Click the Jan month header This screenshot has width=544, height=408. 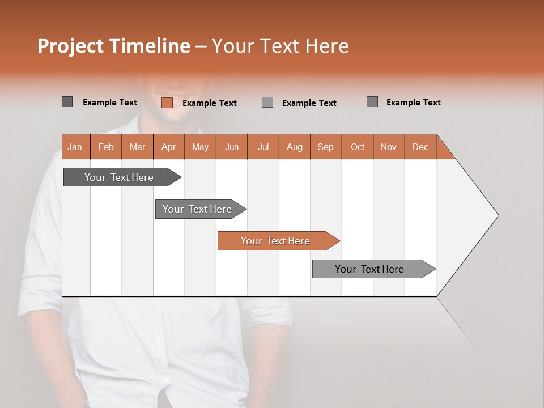click(x=75, y=147)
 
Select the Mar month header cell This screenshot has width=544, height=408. click(x=137, y=147)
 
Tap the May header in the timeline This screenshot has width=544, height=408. click(x=200, y=147)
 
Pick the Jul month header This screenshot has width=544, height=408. click(x=263, y=147)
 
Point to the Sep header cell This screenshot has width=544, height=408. click(x=325, y=147)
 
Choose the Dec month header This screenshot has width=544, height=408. click(x=420, y=147)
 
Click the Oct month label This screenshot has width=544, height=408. click(x=357, y=147)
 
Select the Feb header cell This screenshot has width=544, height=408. click(x=106, y=147)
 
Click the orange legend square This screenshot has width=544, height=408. click(x=167, y=103)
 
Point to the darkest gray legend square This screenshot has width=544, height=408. click(x=67, y=102)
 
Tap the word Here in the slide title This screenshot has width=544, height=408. click(x=327, y=46)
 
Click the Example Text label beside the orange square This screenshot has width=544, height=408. click(x=210, y=103)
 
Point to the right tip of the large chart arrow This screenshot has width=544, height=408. click(x=498, y=215)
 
